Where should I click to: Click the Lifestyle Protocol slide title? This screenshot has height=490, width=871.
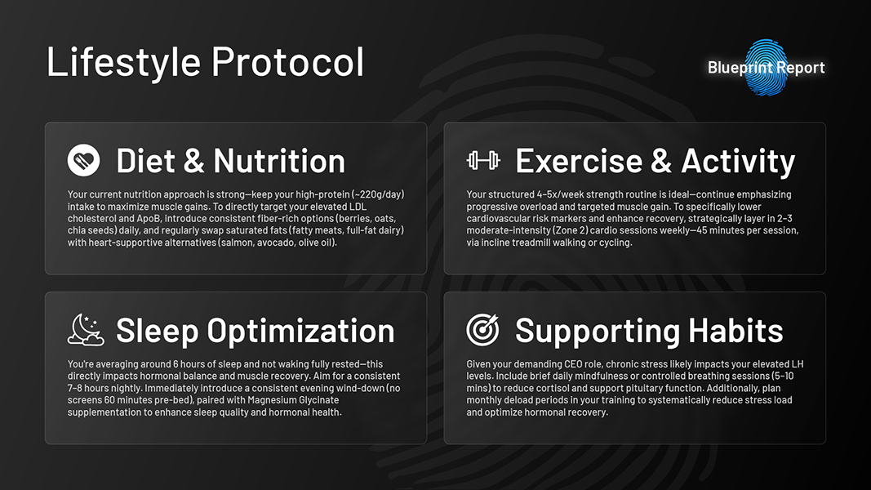pos(205,62)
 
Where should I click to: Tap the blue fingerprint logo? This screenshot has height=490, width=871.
pos(767,67)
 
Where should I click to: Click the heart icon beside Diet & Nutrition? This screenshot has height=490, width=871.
pos(84,160)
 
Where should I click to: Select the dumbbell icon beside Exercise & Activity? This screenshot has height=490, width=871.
pos(483,160)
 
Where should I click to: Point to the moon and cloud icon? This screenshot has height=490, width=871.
pos(86,330)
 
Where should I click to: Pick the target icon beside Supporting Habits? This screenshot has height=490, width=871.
pos(482,330)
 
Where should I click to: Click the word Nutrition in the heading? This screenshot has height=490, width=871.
pos(279,161)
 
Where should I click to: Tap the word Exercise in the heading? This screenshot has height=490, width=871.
pos(578,161)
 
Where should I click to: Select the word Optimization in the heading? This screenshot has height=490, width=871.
pos(300,332)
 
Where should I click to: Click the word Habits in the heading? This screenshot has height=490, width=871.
pos(735,331)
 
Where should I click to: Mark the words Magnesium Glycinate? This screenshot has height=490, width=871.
pos(293,400)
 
